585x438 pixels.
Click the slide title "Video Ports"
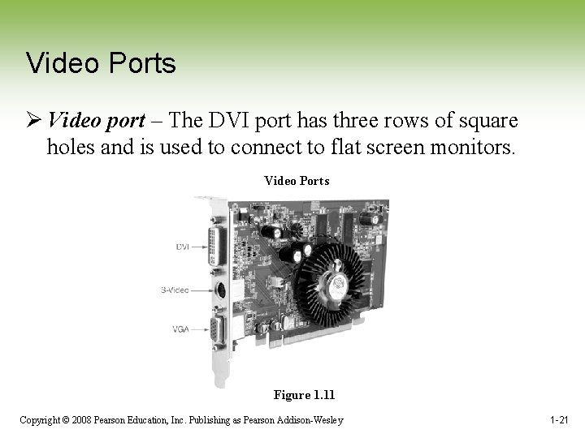[x=101, y=63]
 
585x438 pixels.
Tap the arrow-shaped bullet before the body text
[x=33, y=121]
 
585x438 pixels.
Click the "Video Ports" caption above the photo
[x=297, y=181]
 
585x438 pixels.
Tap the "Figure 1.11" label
[x=304, y=395]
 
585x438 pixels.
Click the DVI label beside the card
[x=182, y=247]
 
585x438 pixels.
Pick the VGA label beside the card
[x=181, y=328]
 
